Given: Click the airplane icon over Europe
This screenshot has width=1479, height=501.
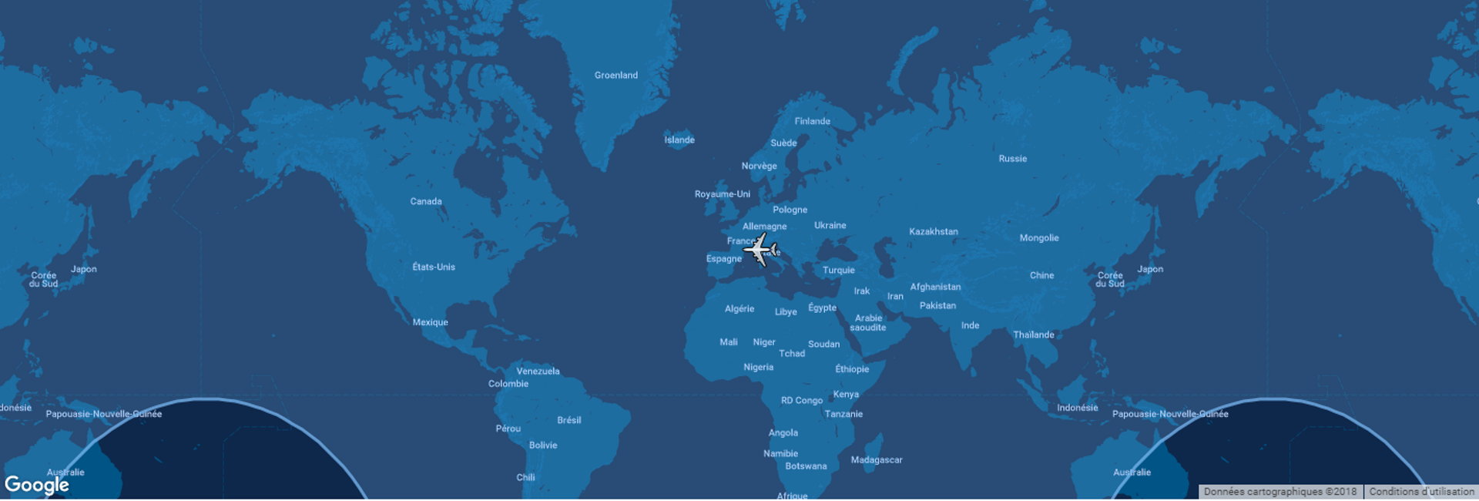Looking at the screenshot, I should click(760, 250).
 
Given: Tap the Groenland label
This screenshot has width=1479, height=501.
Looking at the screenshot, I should click(615, 76).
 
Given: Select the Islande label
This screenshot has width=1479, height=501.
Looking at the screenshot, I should click(679, 140).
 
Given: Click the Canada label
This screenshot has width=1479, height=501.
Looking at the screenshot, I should click(426, 202).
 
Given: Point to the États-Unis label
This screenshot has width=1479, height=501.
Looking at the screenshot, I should click(434, 267).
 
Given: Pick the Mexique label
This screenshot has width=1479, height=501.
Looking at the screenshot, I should click(430, 323).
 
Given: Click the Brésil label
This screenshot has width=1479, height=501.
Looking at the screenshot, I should click(568, 421).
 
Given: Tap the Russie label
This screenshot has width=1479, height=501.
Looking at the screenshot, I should click(1012, 159).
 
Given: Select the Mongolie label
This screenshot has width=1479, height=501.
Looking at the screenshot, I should click(1038, 238).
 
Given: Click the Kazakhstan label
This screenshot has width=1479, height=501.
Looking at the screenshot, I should click(933, 232).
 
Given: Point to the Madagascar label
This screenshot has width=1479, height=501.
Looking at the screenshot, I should click(876, 460).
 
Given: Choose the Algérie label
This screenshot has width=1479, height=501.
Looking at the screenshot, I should click(739, 309).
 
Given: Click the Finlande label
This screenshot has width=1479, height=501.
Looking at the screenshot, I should click(812, 122).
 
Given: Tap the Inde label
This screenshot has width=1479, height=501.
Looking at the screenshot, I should click(970, 326).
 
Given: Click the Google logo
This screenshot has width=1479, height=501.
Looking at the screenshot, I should click(37, 485).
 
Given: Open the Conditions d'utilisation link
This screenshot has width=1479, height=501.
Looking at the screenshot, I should click(1421, 492).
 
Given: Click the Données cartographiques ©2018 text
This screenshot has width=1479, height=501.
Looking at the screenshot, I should click(1279, 492).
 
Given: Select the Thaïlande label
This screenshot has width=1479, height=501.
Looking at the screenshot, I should click(1033, 335).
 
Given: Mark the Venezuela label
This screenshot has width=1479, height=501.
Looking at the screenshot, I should click(538, 372).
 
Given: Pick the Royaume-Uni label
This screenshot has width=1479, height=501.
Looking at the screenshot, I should click(722, 194).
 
